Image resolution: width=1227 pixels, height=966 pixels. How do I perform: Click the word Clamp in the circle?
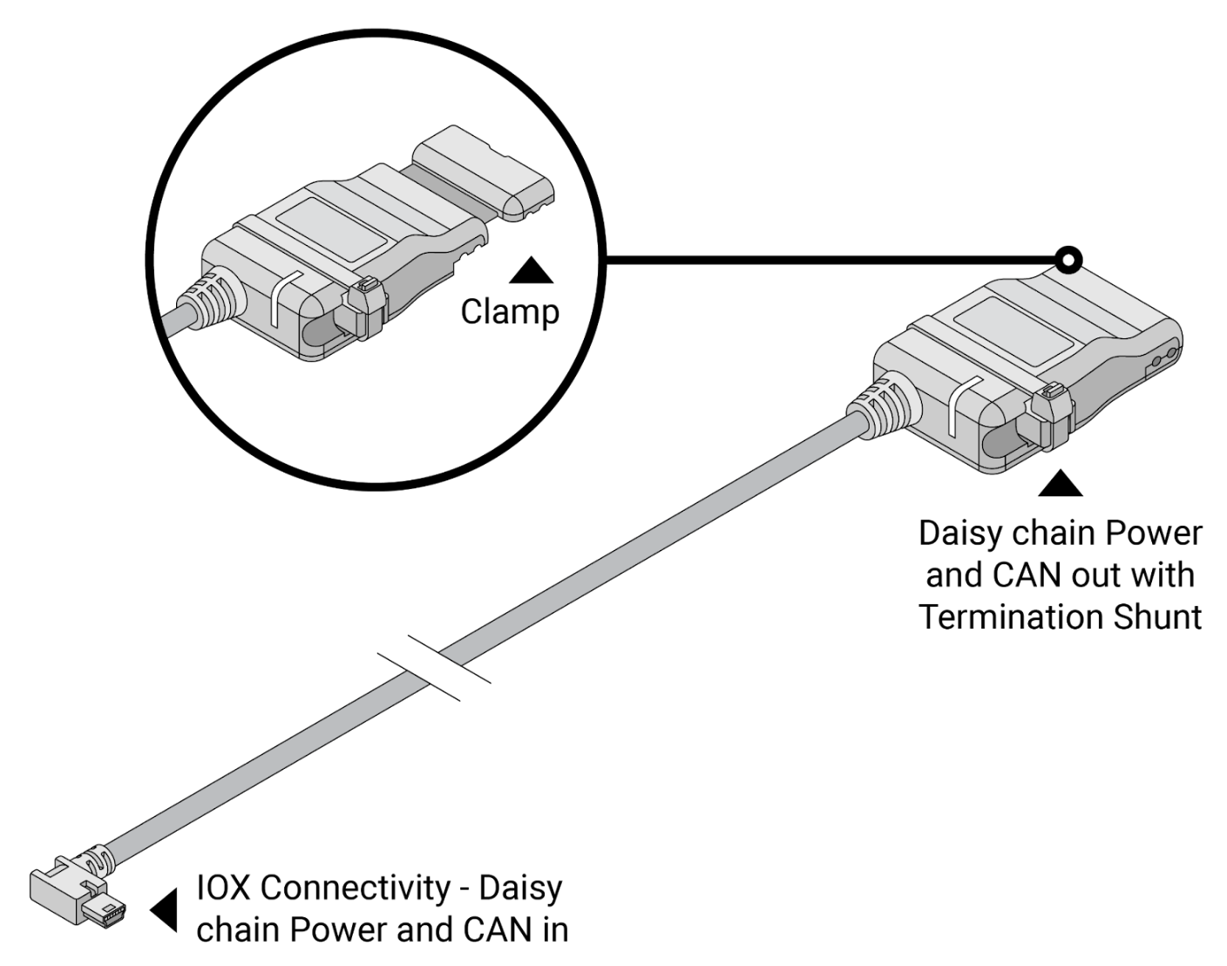click(x=510, y=311)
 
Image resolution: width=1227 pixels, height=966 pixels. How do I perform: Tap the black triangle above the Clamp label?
click(x=531, y=271)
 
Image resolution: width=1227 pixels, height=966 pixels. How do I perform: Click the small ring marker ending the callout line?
click(x=1068, y=260)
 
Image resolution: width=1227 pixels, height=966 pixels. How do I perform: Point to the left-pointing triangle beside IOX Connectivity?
click(x=165, y=910)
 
